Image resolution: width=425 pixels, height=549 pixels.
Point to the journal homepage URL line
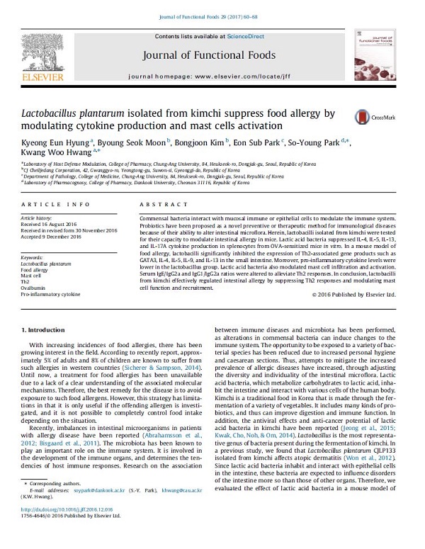[x=212, y=74]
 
